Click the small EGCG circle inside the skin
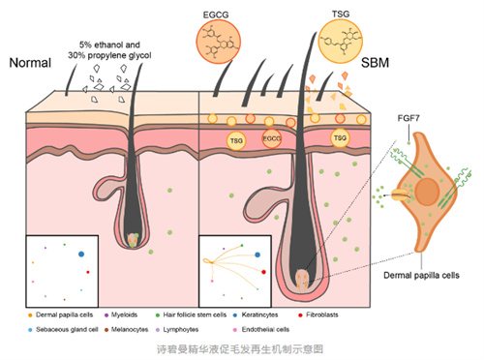point(273,138)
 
